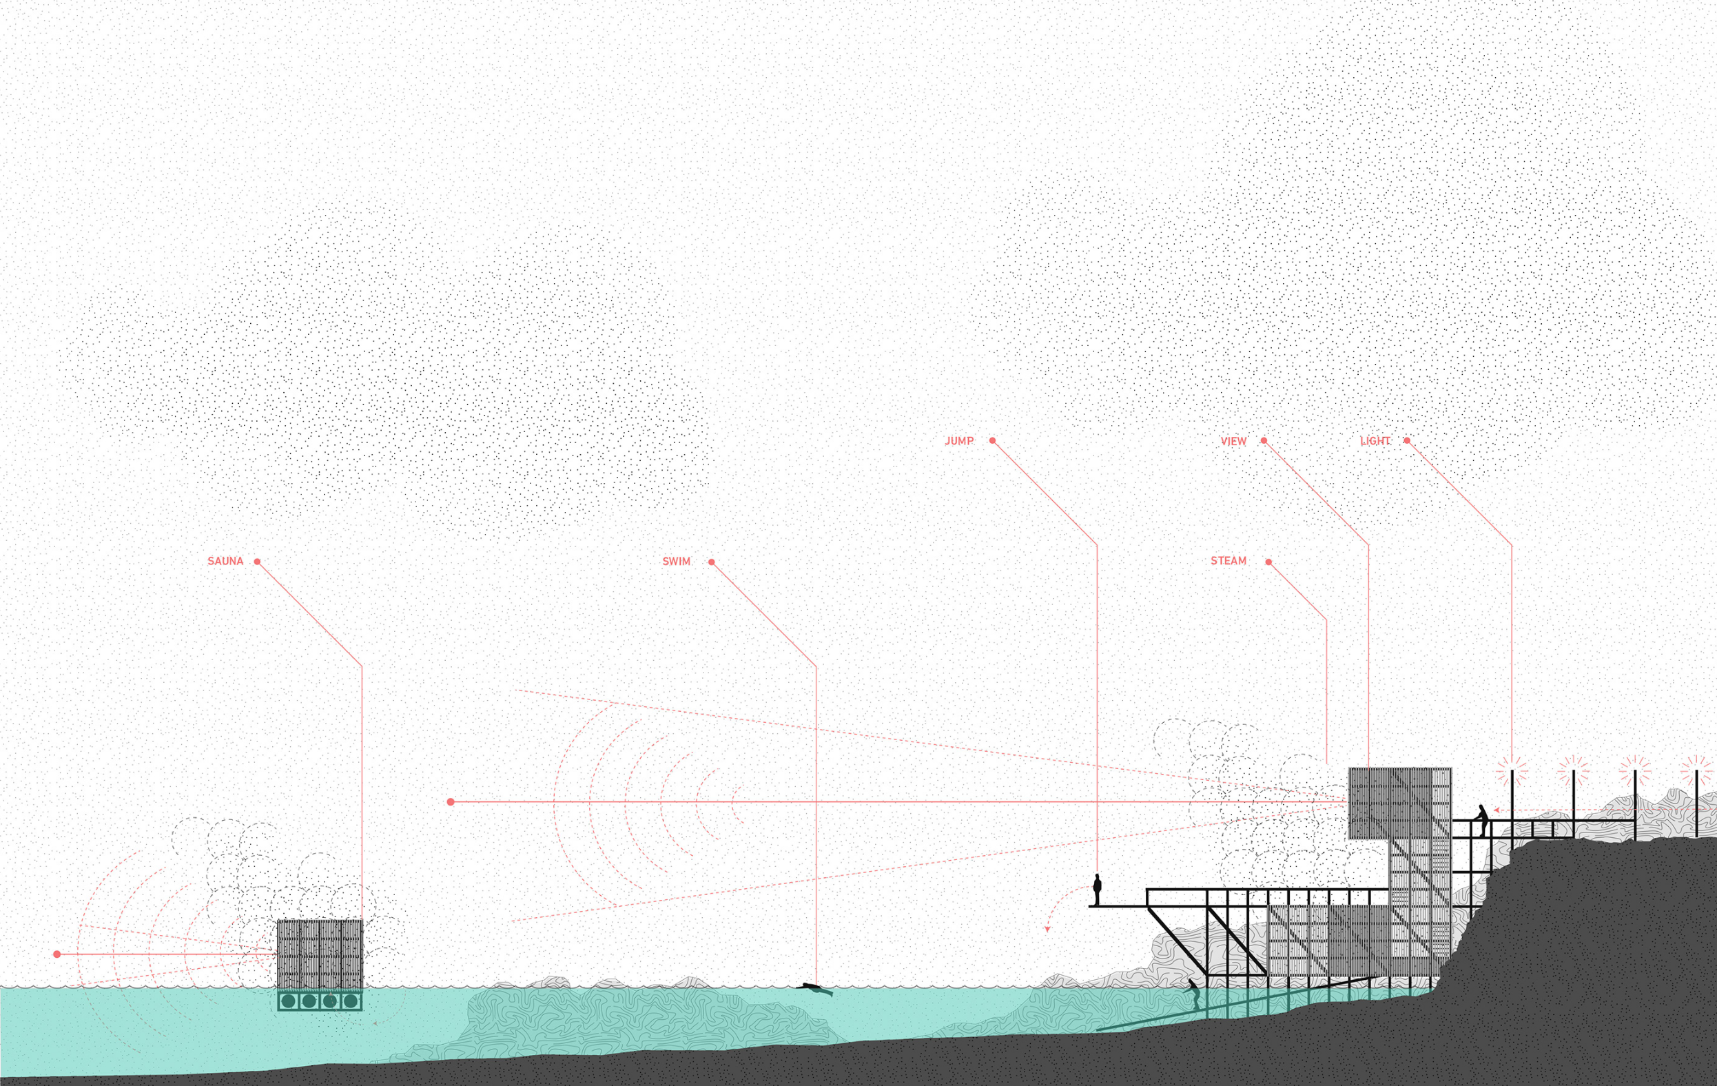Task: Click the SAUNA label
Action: tap(225, 561)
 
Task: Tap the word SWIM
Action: tap(676, 562)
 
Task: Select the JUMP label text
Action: tap(959, 442)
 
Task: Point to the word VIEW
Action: tap(1233, 442)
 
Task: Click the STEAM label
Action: tap(1228, 561)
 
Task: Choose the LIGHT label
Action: tap(1375, 442)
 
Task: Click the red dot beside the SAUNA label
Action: tap(258, 562)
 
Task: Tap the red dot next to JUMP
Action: tap(992, 441)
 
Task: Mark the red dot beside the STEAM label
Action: tap(1268, 562)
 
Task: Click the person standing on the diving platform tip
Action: tap(1097, 889)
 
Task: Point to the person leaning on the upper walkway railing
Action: tap(1483, 819)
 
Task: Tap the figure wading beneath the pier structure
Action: tap(1193, 992)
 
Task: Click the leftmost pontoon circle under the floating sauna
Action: tap(288, 1001)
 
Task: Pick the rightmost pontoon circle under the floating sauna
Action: tap(350, 1001)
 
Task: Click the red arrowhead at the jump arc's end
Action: tap(1047, 929)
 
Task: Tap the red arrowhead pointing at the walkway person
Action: tap(1497, 810)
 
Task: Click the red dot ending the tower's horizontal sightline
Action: tap(451, 802)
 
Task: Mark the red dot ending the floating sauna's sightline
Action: tap(57, 954)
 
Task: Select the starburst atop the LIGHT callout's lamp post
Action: tap(1512, 771)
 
